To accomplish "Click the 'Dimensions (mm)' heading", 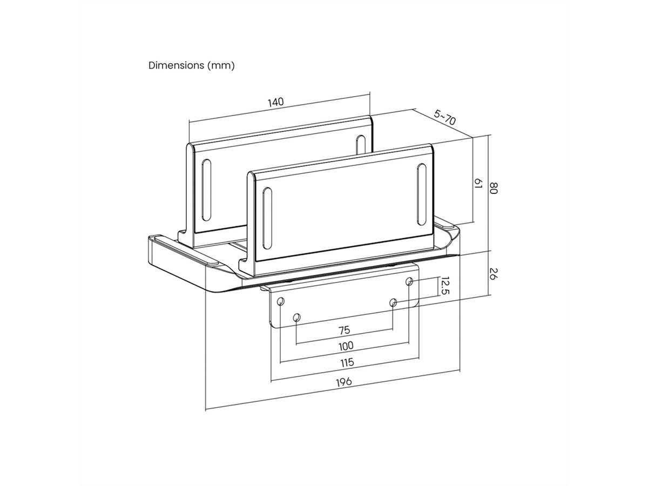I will coord(191,65).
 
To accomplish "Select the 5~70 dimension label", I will coord(445,117).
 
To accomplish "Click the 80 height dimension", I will coord(493,188).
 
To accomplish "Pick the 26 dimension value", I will coord(494,273).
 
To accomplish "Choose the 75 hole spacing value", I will coord(344,330).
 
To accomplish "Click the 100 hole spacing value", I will coord(346,346).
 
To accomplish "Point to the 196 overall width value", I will coord(343,382).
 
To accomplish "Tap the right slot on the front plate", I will coord(420,193).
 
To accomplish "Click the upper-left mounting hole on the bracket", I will coord(280,301).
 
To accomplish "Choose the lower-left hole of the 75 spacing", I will coord(296,317).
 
